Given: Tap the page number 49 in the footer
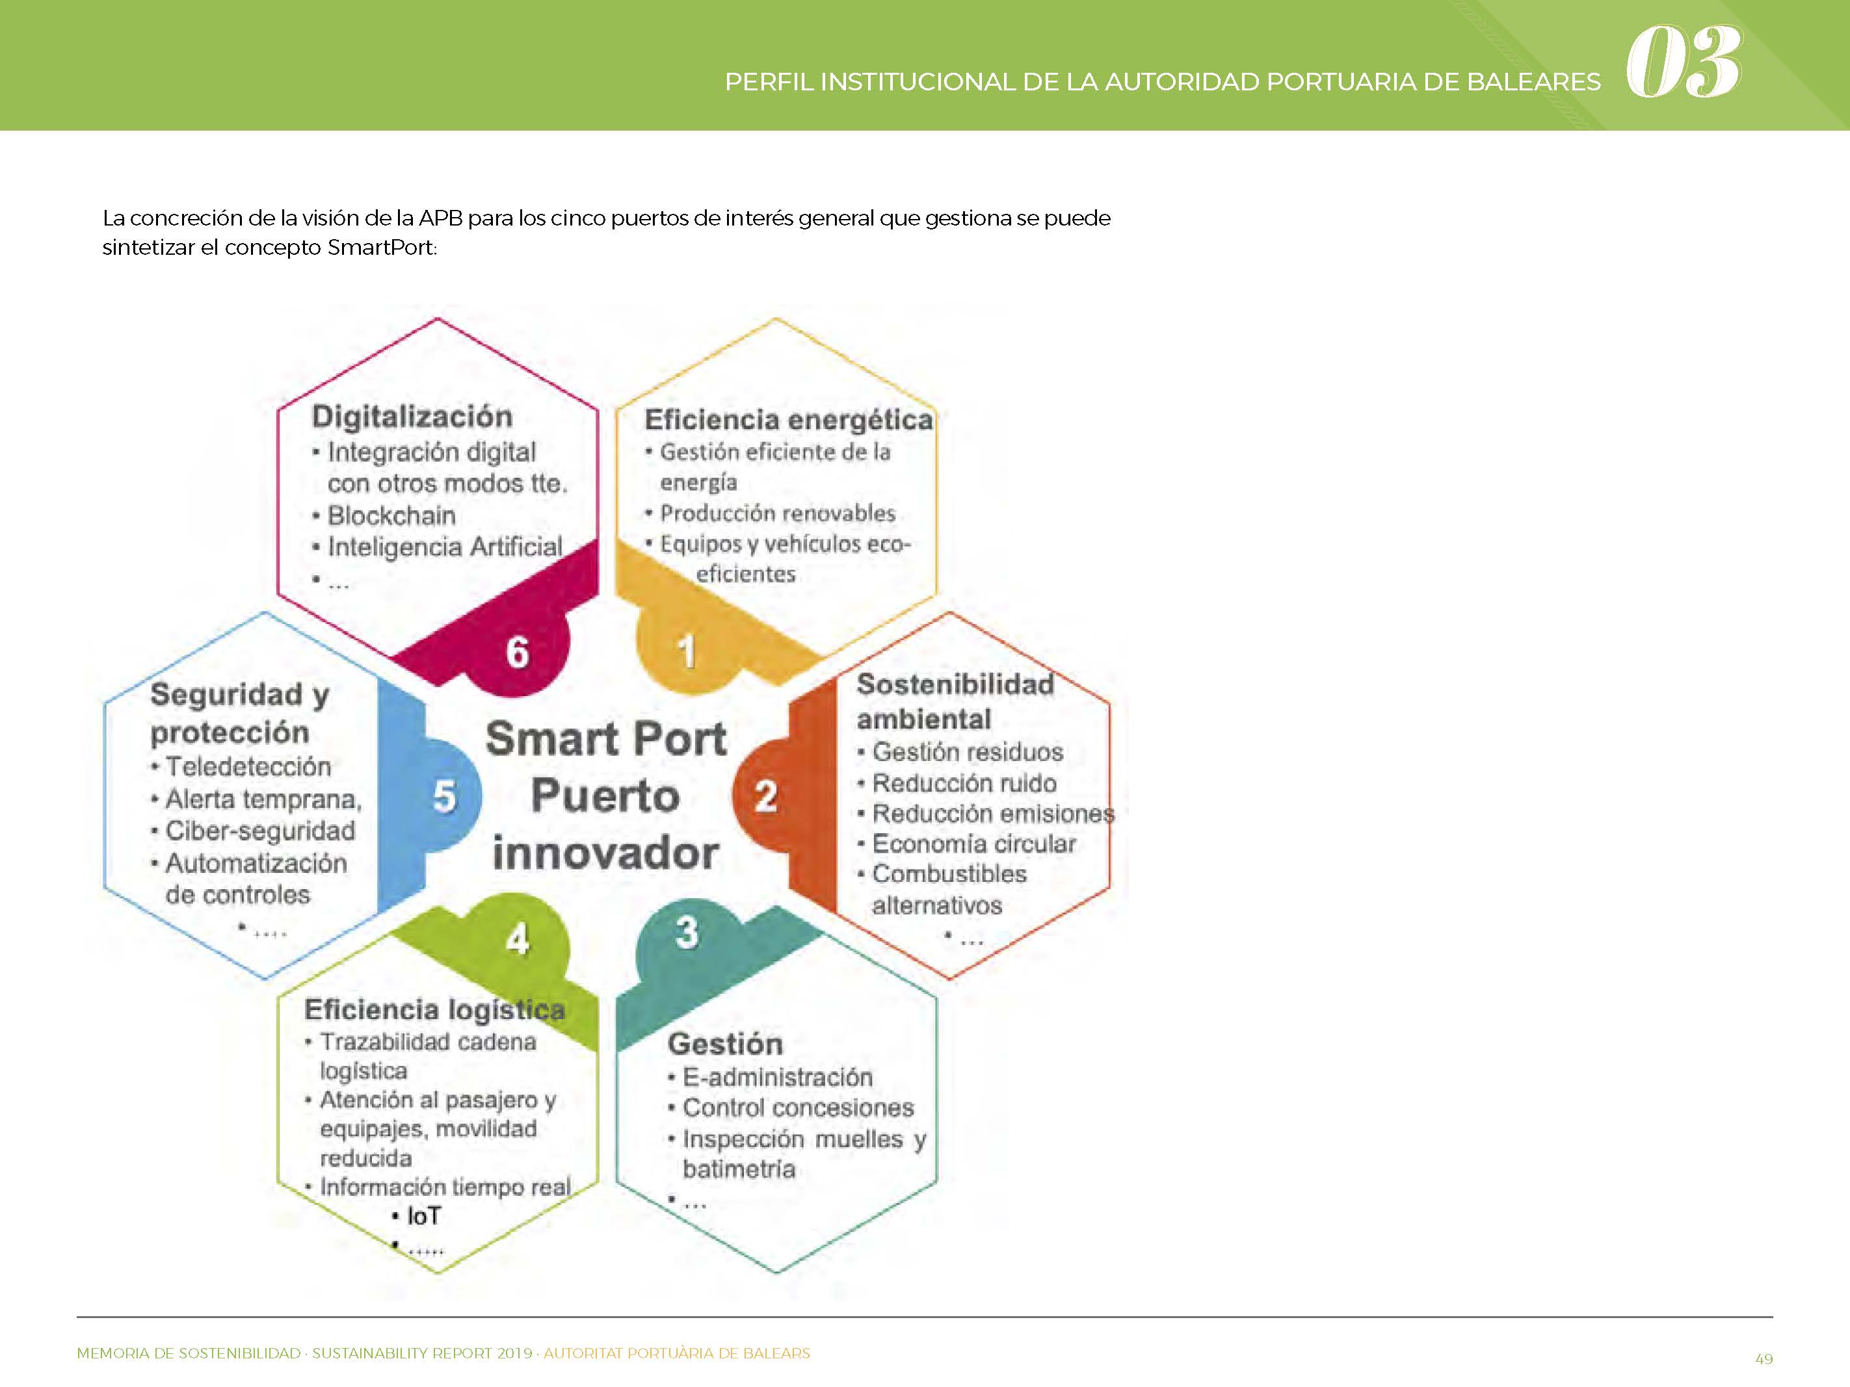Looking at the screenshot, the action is point(1764,1358).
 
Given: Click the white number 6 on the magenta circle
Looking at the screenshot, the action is point(518,652).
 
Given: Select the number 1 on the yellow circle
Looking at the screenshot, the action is point(687,651).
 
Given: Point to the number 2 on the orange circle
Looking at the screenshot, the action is point(766,796).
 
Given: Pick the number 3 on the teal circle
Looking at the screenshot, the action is point(687,932).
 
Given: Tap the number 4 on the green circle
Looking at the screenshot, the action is point(518,939).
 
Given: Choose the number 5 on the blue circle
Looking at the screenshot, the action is point(444,796).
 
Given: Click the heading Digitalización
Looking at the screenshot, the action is point(412,417).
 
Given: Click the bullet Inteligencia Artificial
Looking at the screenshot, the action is point(445,547).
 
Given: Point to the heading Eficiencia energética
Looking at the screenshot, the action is point(789,420).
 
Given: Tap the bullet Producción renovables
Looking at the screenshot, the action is point(778,513).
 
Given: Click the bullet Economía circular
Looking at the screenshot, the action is point(974,844).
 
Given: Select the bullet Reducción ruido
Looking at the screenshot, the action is point(964,783).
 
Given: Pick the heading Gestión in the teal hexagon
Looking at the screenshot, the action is point(726,1044).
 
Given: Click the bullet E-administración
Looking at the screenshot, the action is point(778,1077).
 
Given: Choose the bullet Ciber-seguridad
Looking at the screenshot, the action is point(260,831).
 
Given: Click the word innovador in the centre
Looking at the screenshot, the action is point(605,853).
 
